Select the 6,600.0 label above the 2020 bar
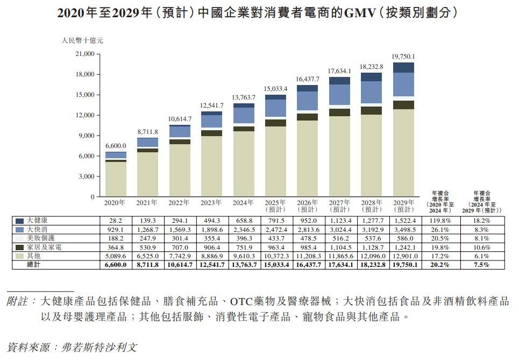116,145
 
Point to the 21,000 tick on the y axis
83,54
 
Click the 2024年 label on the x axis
243,203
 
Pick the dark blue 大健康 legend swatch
20,221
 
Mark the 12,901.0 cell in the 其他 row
404,256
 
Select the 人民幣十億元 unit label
82,40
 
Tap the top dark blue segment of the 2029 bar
403,67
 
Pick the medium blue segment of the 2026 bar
307,101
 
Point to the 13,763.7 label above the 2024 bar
244,97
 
